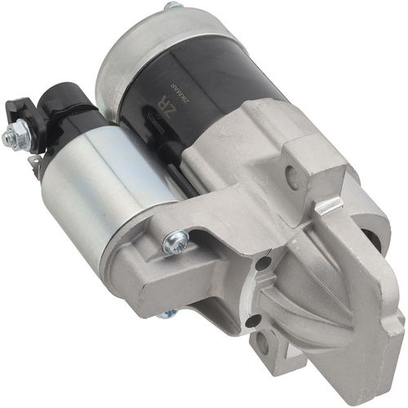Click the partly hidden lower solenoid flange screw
click(x=167, y=313)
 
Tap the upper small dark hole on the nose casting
click(x=264, y=263)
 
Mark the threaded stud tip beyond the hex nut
click(x=7, y=140)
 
